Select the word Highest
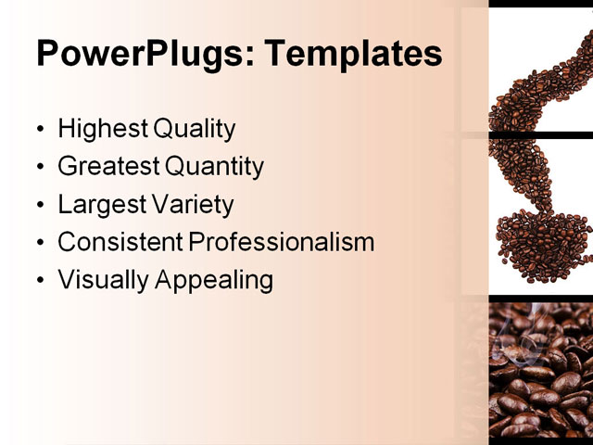point(103,129)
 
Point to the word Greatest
point(108,167)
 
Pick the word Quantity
point(215,167)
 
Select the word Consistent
point(120,242)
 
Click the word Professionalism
point(282,242)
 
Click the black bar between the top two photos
point(540,135)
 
